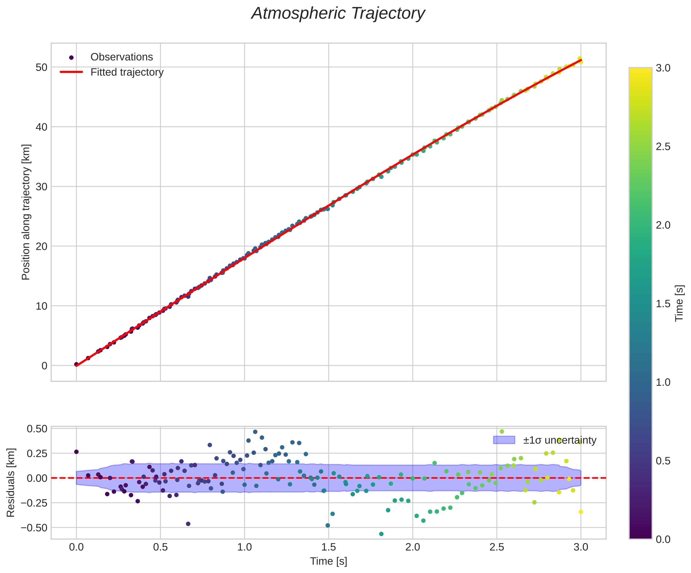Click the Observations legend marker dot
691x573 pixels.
71,58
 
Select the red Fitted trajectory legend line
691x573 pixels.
71,72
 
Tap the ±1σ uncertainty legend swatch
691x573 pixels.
504,440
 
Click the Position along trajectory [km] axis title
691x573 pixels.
26,212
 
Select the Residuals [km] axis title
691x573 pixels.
11,482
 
